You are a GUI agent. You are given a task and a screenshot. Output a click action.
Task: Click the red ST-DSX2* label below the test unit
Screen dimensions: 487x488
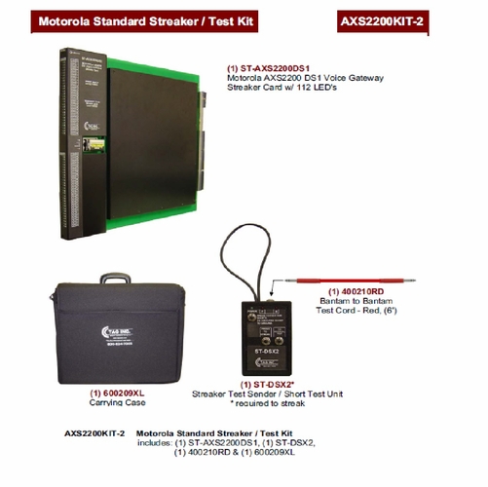point(272,384)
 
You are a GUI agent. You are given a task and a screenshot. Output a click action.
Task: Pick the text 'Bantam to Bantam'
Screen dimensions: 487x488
point(355,302)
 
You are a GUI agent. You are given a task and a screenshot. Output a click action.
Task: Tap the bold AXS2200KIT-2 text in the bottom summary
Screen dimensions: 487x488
point(95,432)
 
